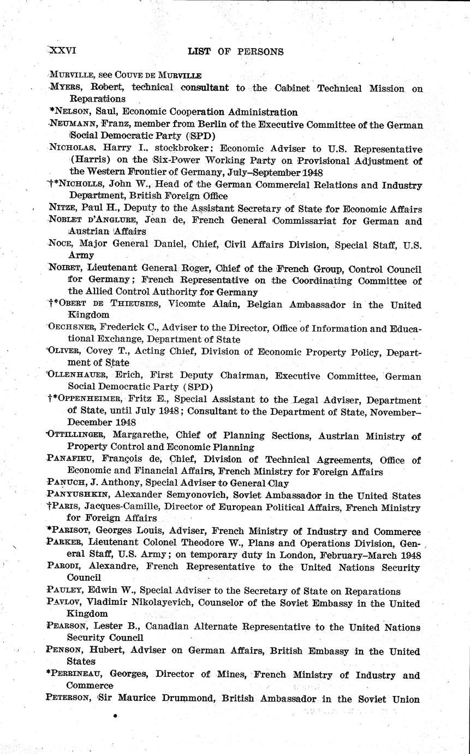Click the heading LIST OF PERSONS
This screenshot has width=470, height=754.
(x=235, y=52)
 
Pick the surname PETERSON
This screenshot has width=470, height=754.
(x=70, y=699)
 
